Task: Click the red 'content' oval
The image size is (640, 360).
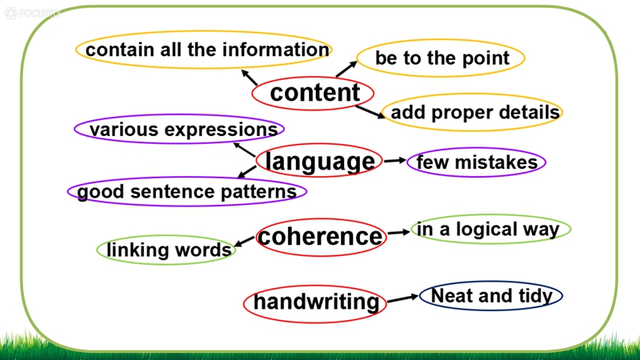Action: point(313,93)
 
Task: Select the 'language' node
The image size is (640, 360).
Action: point(319,161)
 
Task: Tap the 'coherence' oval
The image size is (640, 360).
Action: point(322,237)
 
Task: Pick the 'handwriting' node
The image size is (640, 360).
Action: point(315,303)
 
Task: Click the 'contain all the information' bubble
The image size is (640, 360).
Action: point(204,50)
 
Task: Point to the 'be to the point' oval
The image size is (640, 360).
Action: point(441,58)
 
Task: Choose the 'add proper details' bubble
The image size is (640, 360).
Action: point(472,112)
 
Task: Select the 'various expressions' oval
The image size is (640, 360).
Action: point(179,129)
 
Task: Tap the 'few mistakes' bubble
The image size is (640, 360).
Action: point(476,162)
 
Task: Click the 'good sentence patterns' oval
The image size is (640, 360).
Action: point(187,191)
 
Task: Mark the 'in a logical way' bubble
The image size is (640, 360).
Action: point(491,229)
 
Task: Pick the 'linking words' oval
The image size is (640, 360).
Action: point(166,250)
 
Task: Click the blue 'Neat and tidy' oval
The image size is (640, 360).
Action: point(491,296)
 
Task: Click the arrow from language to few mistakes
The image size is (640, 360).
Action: point(395,161)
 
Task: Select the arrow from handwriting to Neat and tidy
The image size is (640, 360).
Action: point(403,298)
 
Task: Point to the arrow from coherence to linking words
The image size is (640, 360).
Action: point(245,241)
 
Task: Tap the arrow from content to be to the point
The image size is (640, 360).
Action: point(346,69)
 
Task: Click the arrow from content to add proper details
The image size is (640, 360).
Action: point(370,112)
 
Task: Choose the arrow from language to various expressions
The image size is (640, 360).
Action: point(244,150)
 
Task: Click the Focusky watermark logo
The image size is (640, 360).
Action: point(32,13)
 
